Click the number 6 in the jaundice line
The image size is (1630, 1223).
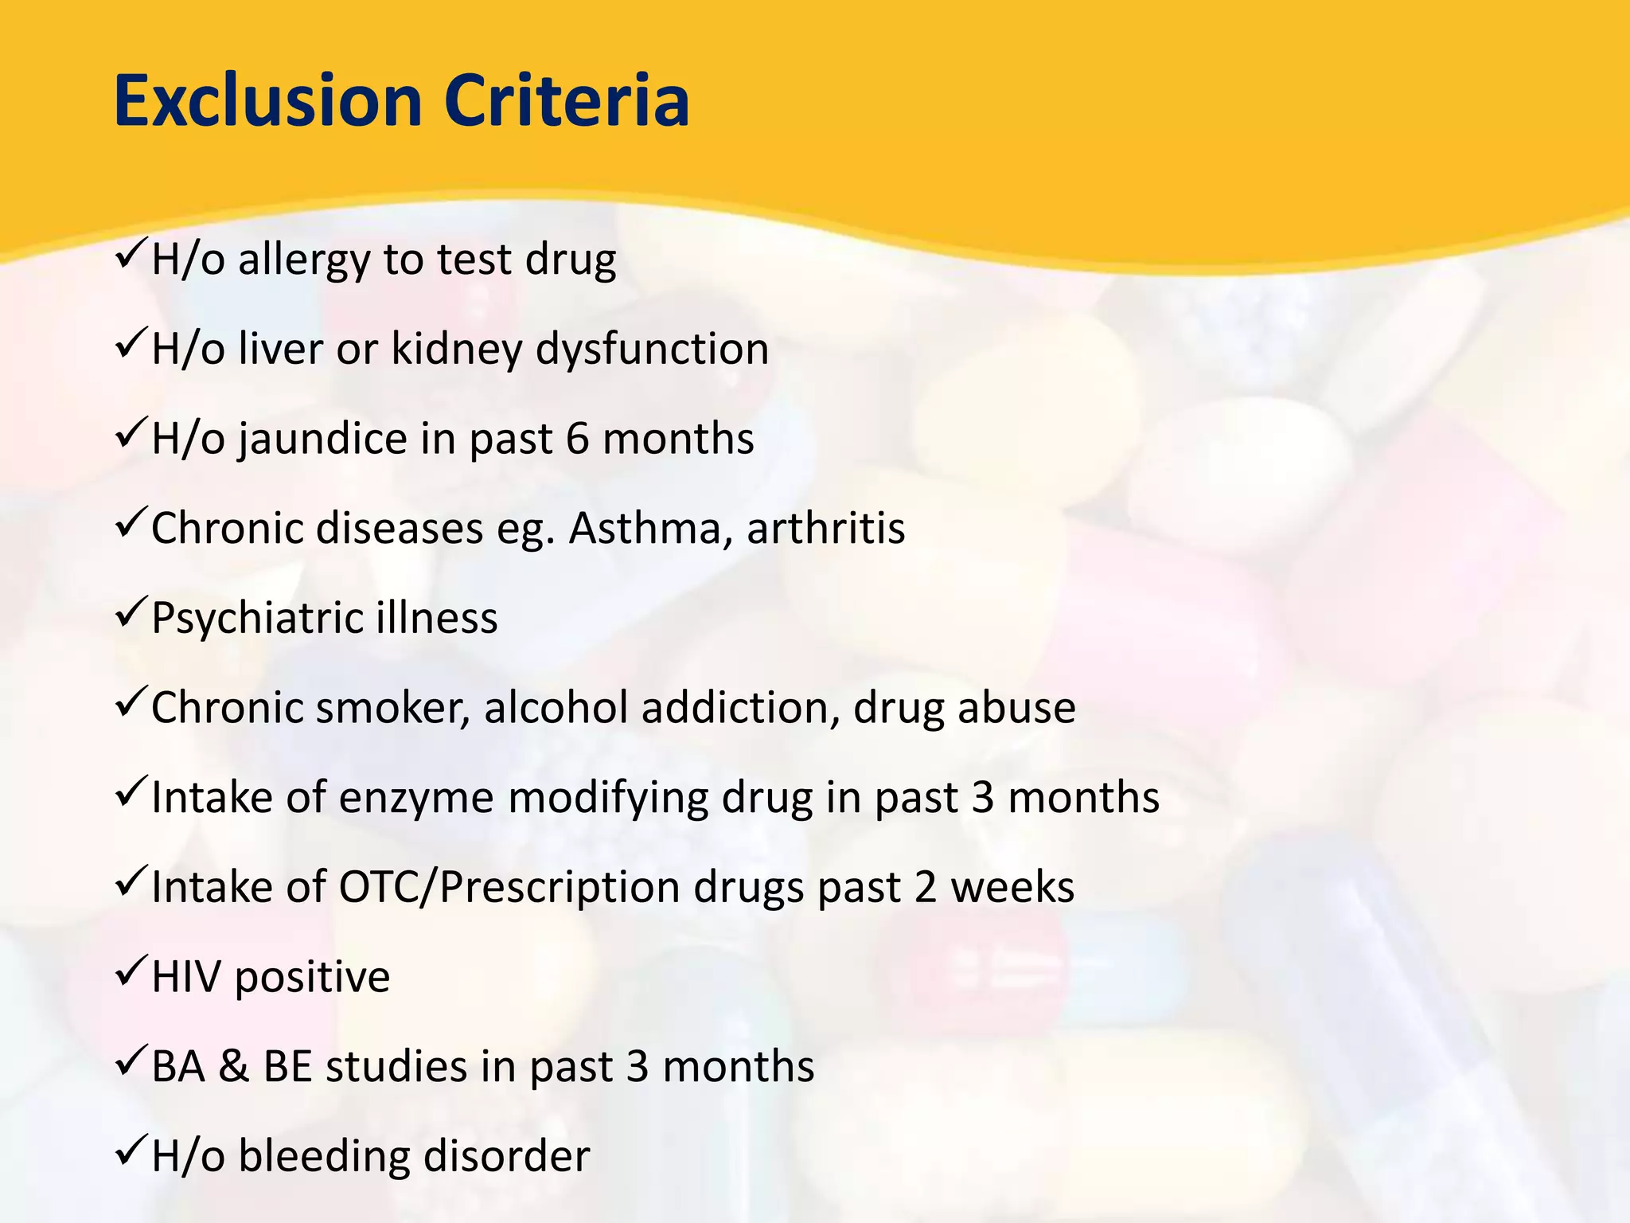coord(577,439)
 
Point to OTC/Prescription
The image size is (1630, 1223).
coord(509,888)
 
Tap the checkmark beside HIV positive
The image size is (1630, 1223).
coord(129,974)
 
